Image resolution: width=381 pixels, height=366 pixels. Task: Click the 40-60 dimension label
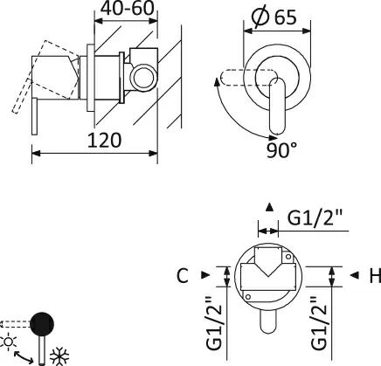click(128, 8)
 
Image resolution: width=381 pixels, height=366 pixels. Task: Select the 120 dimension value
click(104, 141)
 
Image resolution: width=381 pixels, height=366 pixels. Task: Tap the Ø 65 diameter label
click(274, 17)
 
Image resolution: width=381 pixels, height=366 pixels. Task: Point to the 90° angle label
click(281, 150)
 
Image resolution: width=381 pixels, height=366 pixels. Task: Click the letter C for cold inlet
click(183, 275)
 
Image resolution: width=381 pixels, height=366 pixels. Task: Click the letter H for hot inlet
click(375, 275)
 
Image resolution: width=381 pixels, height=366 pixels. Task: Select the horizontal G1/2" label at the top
click(315, 218)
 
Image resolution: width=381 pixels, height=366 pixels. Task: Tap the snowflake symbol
click(59, 356)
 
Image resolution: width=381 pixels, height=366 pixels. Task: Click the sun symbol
click(9, 342)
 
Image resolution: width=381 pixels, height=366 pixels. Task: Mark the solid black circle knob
click(42, 324)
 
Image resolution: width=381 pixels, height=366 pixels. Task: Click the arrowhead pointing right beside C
click(205, 274)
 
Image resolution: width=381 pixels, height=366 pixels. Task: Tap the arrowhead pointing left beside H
click(354, 275)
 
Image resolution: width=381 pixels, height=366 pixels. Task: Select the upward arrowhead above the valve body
click(269, 207)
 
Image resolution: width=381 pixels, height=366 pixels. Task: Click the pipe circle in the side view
click(144, 78)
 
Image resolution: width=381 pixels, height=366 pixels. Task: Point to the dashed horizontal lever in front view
click(248, 78)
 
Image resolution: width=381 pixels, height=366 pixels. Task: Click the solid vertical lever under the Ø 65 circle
click(277, 107)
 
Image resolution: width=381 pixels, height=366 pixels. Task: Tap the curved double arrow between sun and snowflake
click(24, 357)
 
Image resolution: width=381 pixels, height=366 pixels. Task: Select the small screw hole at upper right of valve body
click(288, 257)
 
